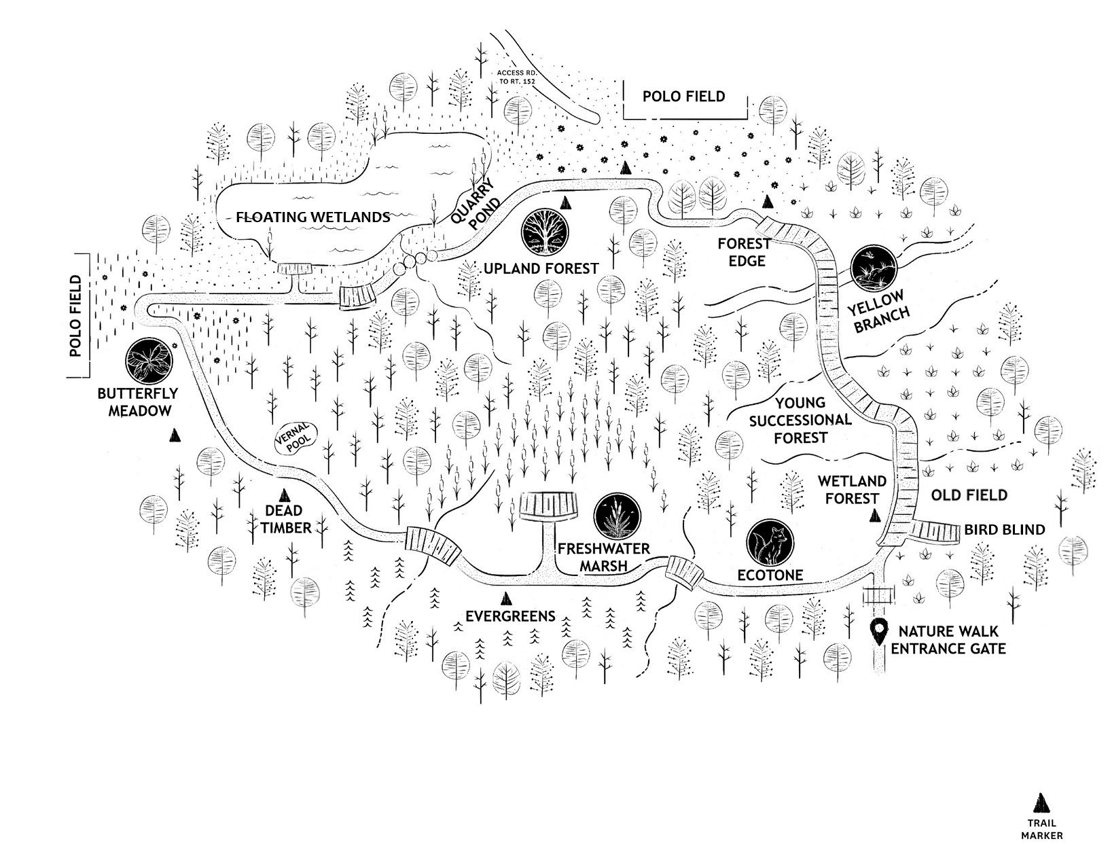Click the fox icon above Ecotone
pyautogui.click(x=770, y=543)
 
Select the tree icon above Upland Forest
pyautogui.click(x=545, y=232)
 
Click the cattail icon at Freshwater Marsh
pyautogui.click(x=617, y=518)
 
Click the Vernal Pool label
pyautogui.click(x=296, y=437)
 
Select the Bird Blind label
pyautogui.click(x=1004, y=530)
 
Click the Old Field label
pyautogui.click(x=969, y=495)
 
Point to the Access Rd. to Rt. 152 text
pyautogui.click(x=516, y=77)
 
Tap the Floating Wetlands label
pyautogui.click(x=313, y=217)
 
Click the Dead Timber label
pyautogui.click(x=285, y=520)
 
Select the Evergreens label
pyautogui.click(x=510, y=616)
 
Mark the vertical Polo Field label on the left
pyautogui.click(x=75, y=316)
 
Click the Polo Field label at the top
pyautogui.click(x=683, y=96)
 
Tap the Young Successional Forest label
pyautogui.click(x=800, y=421)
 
